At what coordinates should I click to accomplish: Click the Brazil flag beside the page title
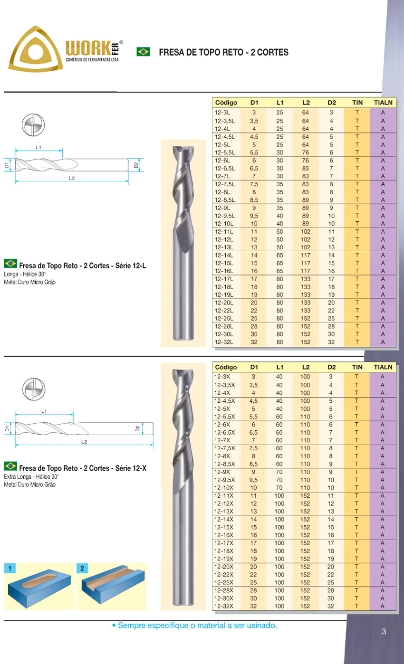click(143, 52)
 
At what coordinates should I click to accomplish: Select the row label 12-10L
click(224, 224)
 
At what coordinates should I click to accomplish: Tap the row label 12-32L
click(224, 342)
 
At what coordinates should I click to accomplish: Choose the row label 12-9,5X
click(225, 480)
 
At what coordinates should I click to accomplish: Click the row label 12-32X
click(224, 606)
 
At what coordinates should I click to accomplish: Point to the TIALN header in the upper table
click(383, 103)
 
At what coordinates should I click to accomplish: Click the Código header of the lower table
click(226, 367)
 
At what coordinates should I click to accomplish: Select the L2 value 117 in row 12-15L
click(306, 263)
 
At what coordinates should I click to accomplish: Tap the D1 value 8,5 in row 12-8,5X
click(254, 464)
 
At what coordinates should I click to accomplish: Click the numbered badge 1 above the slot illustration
click(10, 568)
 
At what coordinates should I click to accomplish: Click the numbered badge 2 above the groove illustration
click(82, 568)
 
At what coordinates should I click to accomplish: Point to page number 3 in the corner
click(384, 632)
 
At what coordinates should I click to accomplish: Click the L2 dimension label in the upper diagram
click(71, 178)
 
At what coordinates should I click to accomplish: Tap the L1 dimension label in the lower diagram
click(44, 410)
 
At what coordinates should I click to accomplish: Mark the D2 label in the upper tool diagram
click(135, 165)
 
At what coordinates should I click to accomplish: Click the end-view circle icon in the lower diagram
click(33, 389)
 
